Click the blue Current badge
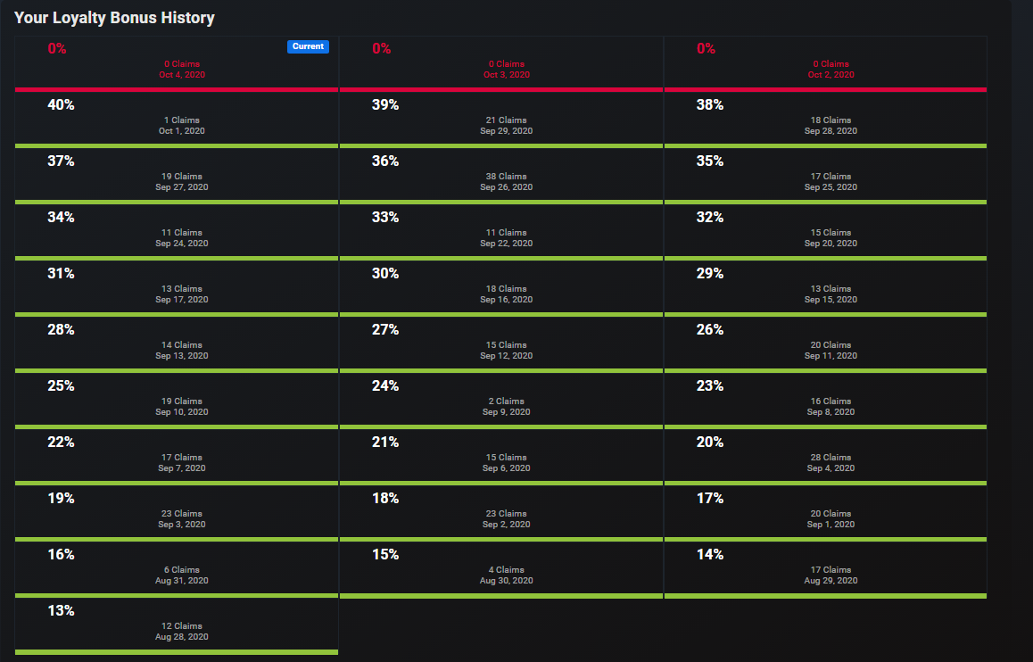[308, 46]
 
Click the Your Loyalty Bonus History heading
[114, 18]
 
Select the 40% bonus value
[61, 105]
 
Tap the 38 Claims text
[506, 177]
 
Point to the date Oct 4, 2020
[182, 75]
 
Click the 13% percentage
[61, 611]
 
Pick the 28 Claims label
[831, 458]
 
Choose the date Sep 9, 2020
[506, 412]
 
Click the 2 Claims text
[506, 401]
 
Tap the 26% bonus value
[710, 330]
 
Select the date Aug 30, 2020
[506, 581]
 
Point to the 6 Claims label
[182, 570]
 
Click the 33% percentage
[385, 218]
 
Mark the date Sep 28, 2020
[831, 131]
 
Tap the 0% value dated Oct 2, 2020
[706, 49]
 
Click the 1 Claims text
[182, 120]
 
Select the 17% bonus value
[710, 499]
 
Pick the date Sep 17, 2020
[182, 300]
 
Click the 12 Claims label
[182, 626]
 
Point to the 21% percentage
[385, 443]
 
